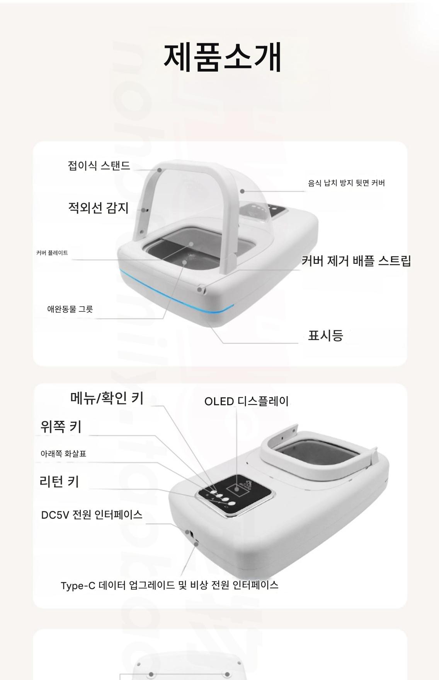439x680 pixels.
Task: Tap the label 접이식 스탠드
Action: (x=99, y=166)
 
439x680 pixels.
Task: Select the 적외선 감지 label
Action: (x=98, y=208)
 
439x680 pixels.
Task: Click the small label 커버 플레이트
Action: (x=52, y=253)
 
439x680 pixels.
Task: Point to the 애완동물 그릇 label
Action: (x=70, y=309)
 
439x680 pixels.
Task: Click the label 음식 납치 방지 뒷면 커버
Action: (x=346, y=183)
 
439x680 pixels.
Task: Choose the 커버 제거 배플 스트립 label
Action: (x=356, y=261)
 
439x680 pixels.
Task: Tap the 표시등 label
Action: (x=325, y=335)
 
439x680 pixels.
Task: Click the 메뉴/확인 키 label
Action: (x=107, y=398)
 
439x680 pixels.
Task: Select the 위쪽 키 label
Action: (x=61, y=427)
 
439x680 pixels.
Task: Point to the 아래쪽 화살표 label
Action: (x=63, y=454)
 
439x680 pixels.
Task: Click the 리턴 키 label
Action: (x=59, y=482)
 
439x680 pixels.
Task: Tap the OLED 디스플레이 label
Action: (x=247, y=401)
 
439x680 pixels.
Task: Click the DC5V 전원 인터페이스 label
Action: (x=92, y=515)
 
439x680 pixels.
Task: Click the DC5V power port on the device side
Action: (x=188, y=533)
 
